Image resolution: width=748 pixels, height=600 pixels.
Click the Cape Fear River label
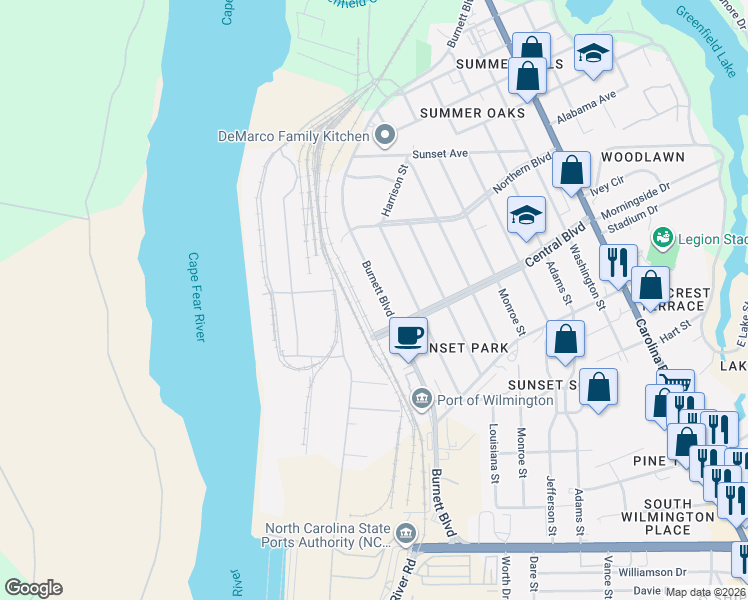(x=196, y=296)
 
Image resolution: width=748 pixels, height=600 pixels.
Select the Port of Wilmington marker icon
(x=421, y=400)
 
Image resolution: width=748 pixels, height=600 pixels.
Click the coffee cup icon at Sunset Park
(x=407, y=335)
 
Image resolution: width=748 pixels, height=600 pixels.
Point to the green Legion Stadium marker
(x=660, y=239)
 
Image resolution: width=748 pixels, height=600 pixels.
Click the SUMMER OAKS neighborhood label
(x=472, y=113)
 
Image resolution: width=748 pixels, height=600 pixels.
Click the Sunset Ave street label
(x=441, y=155)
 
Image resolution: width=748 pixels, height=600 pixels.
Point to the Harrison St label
(x=396, y=191)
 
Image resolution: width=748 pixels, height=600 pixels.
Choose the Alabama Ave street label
(x=587, y=109)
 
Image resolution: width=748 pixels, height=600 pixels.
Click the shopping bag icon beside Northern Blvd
(x=571, y=170)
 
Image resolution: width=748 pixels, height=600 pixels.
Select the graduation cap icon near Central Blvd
(x=526, y=215)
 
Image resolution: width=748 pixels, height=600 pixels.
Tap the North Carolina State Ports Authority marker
(x=405, y=532)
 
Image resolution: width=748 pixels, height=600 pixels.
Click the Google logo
(x=33, y=588)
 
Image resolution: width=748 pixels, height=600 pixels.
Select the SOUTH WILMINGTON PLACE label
(x=680, y=517)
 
